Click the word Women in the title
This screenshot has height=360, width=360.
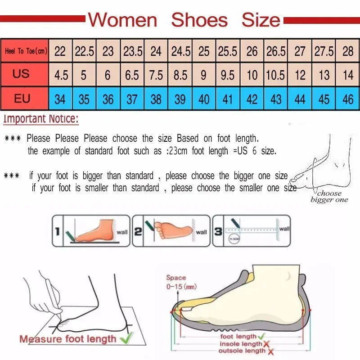click(122, 20)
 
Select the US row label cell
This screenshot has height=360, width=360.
click(21, 74)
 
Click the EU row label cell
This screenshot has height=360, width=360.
click(22, 98)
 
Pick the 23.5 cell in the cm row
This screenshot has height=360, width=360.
click(132, 51)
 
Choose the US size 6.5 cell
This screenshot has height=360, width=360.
click(132, 75)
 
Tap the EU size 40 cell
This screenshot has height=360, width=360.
click(204, 99)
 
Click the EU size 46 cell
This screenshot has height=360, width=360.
click(348, 99)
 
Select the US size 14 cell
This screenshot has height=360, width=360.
click(348, 75)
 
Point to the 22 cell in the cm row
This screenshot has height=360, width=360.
click(60, 51)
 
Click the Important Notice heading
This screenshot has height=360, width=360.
click(41, 120)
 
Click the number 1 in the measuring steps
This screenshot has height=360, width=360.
click(57, 232)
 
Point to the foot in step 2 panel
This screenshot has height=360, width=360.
click(173, 229)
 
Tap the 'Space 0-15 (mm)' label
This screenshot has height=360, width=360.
click(180, 282)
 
